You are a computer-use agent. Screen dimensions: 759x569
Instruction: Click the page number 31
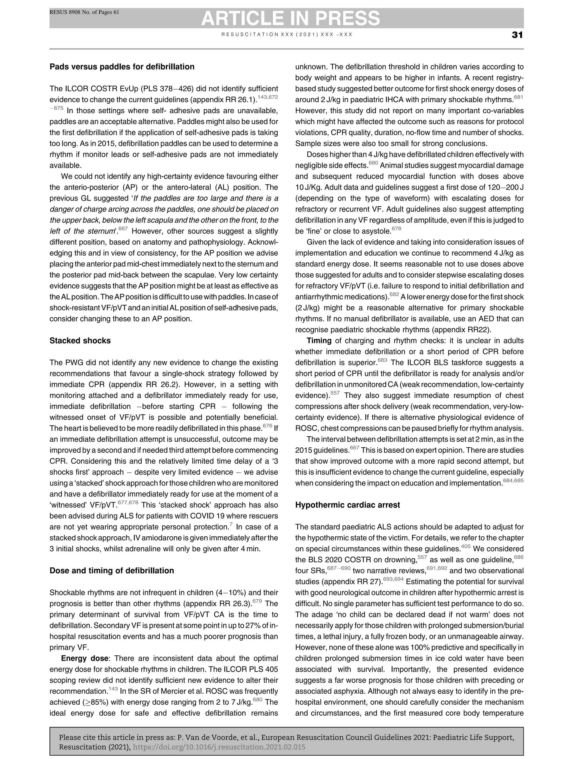click(517, 35)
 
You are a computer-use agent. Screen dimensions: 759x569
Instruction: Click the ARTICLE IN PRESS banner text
click(290, 18)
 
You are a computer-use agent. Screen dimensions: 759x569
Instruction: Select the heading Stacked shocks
click(80, 341)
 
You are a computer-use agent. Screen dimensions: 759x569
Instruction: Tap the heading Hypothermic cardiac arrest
click(348, 505)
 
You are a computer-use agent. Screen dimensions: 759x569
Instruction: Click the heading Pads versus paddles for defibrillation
click(122, 67)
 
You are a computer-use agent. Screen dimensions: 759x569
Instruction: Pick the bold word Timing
click(319, 341)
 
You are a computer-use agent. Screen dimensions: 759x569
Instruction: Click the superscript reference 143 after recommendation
click(113, 689)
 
